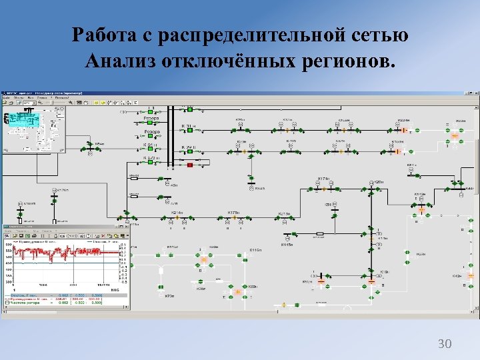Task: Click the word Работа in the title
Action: pos(103,34)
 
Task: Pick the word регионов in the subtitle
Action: pos(347,61)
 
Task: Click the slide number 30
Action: pos(444,344)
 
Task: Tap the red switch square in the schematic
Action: pos(189,164)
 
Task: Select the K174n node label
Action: pos(324,179)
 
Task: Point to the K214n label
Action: pos(177,213)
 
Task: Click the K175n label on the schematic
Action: pos(233,213)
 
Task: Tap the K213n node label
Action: pos(284,213)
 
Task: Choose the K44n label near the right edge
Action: pos(457,189)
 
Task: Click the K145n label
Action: pos(287,245)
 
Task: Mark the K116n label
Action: pos(255,249)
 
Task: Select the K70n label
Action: pos(169,295)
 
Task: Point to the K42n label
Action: pos(457,275)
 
